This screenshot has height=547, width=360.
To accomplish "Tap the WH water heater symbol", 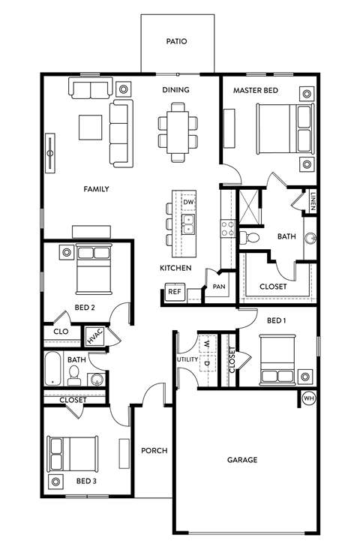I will [x=308, y=398].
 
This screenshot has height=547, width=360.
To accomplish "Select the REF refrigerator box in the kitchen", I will [x=174, y=292].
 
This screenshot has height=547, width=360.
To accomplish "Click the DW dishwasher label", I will [x=189, y=203].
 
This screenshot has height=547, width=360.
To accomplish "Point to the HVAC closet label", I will [x=94, y=337].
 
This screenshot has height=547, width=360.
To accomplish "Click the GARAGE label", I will [x=242, y=460].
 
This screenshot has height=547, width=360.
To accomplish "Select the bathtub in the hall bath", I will [x=53, y=369].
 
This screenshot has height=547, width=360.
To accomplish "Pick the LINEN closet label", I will [x=311, y=200].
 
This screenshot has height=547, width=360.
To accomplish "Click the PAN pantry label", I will [x=219, y=286].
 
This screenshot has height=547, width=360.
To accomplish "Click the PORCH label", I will [x=154, y=451].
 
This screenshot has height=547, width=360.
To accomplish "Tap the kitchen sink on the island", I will [x=189, y=223].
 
